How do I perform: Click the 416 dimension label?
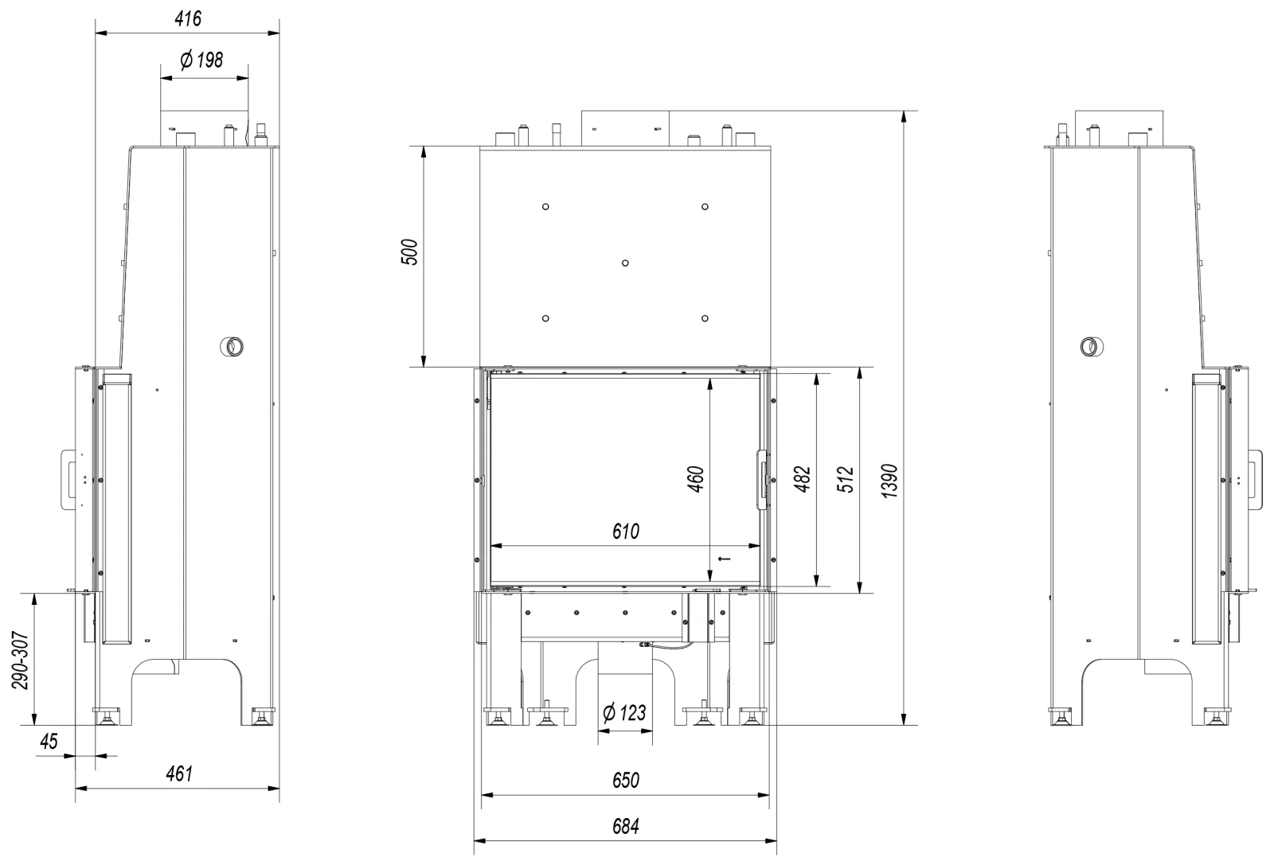(x=188, y=19)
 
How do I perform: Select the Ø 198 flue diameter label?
(x=201, y=60)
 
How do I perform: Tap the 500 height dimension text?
(x=409, y=252)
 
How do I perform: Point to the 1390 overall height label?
(x=889, y=481)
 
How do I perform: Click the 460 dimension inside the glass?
(x=696, y=479)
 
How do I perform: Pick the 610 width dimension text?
(x=626, y=532)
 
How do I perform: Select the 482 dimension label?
(x=802, y=479)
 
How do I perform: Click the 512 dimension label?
(x=846, y=479)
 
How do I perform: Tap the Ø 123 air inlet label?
(x=624, y=713)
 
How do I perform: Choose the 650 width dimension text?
(x=626, y=781)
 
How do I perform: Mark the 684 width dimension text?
(x=626, y=826)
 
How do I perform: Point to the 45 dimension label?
(x=49, y=742)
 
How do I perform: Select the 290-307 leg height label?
(x=21, y=660)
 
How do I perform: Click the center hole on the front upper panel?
(x=625, y=263)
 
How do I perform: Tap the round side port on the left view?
(x=232, y=346)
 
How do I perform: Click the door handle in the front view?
(x=761, y=480)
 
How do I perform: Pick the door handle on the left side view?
(x=68, y=480)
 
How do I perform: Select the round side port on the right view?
(x=1092, y=346)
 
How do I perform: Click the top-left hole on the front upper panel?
(x=545, y=206)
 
